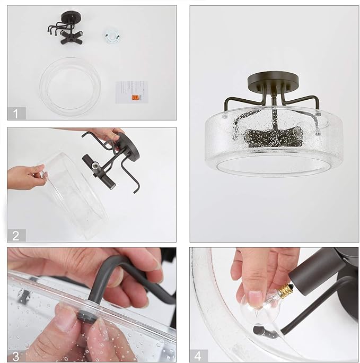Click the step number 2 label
[x=16, y=236]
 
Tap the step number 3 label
[x=16, y=357]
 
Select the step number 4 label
[x=198, y=356]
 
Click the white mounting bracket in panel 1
[x=112, y=36]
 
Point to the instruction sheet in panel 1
[x=131, y=92]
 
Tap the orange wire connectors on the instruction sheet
[x=136, y=97]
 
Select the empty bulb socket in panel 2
[x=95, y=166]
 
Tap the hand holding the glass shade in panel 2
[x=26, y=177]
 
